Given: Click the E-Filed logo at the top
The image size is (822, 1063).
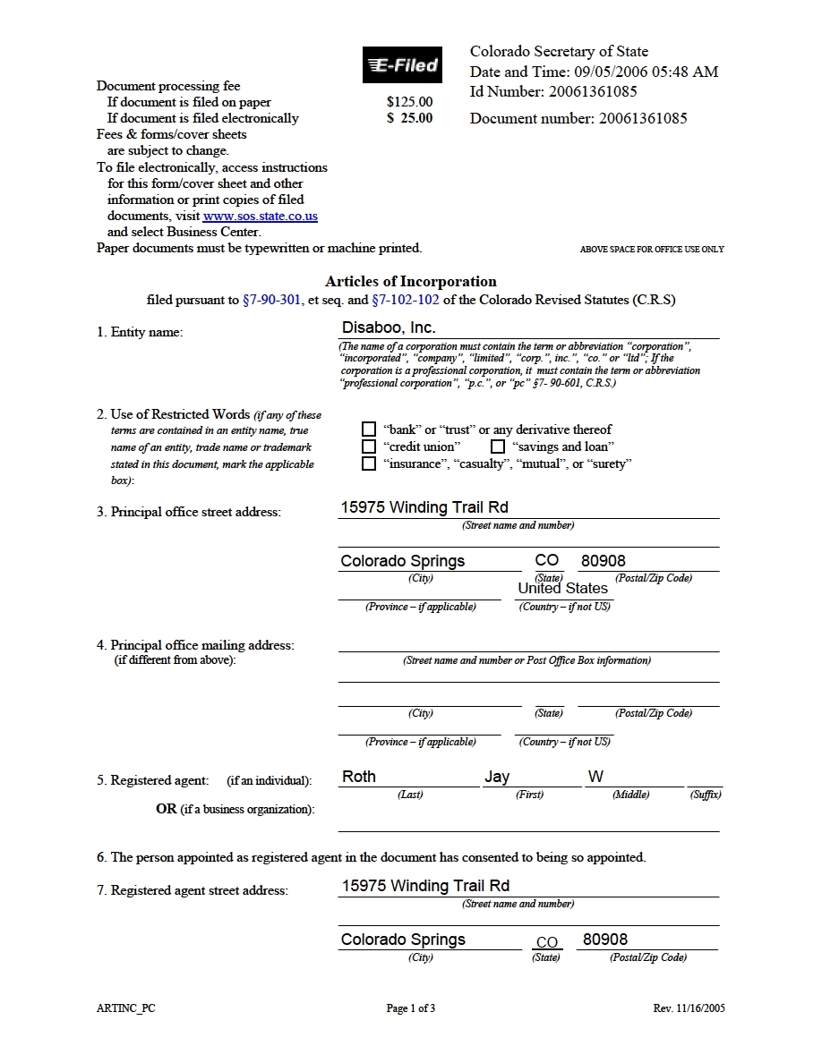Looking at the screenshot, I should tap(402, 65).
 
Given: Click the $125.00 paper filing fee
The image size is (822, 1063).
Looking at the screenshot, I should tap(409, 102).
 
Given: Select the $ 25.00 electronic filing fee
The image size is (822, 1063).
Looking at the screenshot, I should tap(409, 118).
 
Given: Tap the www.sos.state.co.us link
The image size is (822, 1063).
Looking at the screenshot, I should tap(260, 217).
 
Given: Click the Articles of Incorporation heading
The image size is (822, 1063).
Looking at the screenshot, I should tap(411, 281).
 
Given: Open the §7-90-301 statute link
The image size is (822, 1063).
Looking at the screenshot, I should tap(271, 300).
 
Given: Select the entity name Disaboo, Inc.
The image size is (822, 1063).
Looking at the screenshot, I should tap(389, 328).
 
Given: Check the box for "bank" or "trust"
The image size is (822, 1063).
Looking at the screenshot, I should tap(369, 429).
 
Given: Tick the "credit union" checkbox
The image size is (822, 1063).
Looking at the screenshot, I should tap(369, 446).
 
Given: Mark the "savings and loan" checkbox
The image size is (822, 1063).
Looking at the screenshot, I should tap(498, 446).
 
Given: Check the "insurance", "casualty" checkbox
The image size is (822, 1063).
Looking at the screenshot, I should tap(369, 463).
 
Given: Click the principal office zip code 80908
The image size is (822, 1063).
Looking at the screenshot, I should tap(604, 561).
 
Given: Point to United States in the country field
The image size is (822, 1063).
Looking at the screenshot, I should tap(562, 588).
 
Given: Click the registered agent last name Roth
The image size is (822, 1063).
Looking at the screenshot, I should tap(359, 777).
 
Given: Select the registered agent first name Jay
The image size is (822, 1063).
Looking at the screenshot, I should tap(497, 777).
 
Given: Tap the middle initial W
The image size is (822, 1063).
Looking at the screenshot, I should tap(595, 777).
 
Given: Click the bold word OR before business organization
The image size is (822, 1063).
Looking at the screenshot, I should tap(166, 809).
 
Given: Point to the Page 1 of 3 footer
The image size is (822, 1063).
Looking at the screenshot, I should tap(411, 1008).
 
